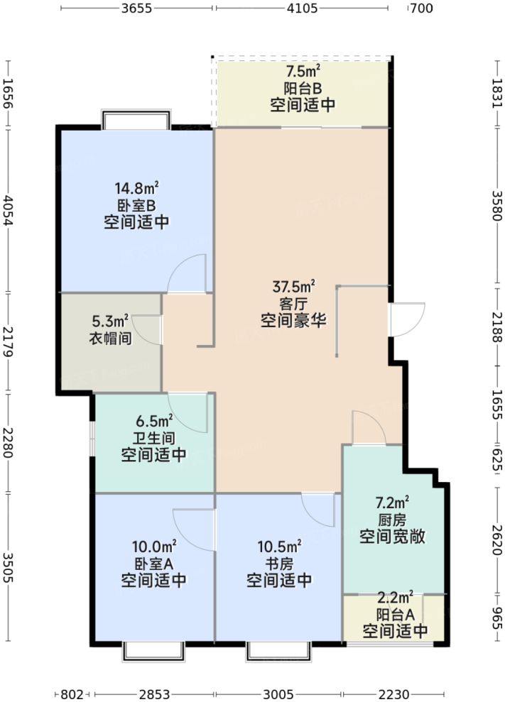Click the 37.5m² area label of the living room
[x=293, y=287]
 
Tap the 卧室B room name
[x=136, y=206]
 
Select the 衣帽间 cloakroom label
[x=109, y=338]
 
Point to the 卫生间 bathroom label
[x=153, y=438]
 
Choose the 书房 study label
[x=279, y=564]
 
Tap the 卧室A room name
[x=153, y=564]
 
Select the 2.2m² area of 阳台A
[x=395, y=597]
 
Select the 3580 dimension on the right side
[x=497, y=206]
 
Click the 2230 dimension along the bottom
[x=395, y=693]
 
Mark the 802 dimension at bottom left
[x=73, y=693]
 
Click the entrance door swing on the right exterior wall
[x=406, y=320]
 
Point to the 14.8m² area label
[x=136, y=189]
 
